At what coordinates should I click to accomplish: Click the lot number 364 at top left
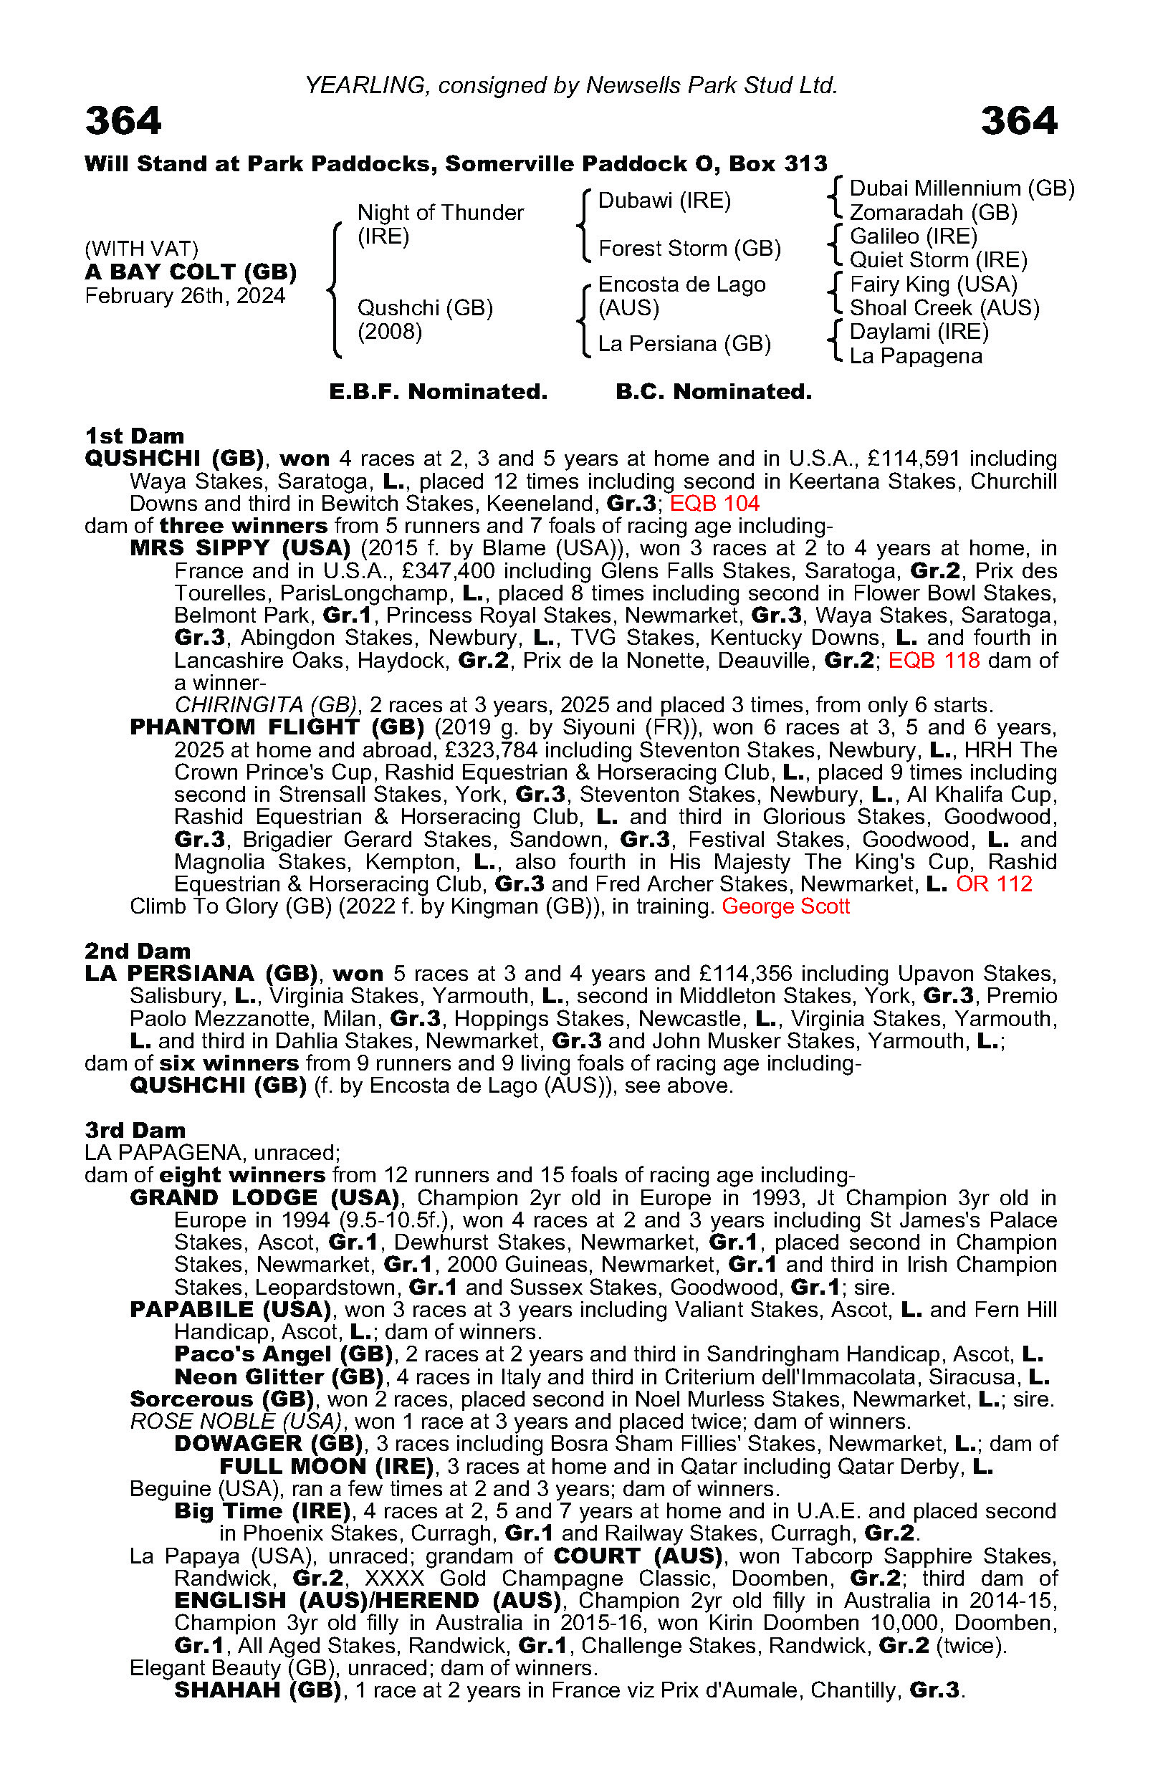(x=123, y=121)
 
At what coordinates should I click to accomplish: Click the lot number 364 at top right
(x=1019, y=121)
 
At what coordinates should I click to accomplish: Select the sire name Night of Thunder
(x=441, y=213)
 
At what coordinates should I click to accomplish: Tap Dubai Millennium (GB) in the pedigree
(x=962, y=188)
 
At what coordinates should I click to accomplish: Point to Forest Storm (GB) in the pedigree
(x=689, y=248)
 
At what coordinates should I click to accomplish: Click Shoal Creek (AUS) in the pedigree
(x=944, y=307)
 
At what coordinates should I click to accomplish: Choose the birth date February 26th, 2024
(x=185, y=296)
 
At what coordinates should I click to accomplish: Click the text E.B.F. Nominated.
(x=439, y=391)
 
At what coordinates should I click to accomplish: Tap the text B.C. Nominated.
(x=713, y=391)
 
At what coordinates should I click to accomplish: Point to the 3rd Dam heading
(x=135, y=1130)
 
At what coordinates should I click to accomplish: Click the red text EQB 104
(x=714, y=503)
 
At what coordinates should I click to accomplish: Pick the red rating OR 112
(x=994, y=884)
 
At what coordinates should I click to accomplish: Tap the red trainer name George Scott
(x=785, y=906)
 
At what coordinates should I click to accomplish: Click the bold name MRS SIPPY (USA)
(x=240, y=548)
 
